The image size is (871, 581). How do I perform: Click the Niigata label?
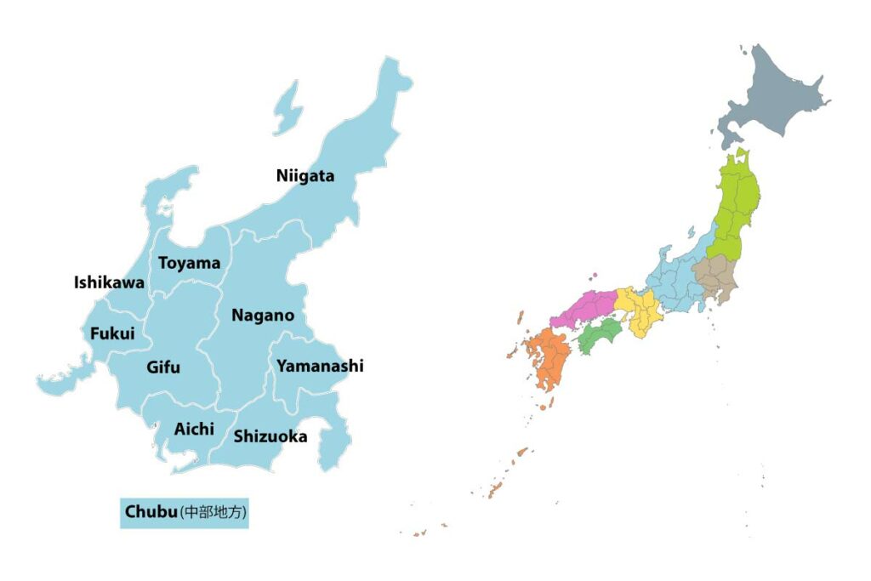click(x=305, y=176)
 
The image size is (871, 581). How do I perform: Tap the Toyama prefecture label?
click(x=189, y=263)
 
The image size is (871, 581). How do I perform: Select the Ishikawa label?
click(x=109, y=282)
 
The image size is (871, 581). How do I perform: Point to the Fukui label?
click(x=112, y=333)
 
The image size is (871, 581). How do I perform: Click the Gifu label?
click(x=163, y=368)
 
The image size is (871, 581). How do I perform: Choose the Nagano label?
click(x=263, y=316)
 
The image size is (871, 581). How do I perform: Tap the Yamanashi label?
click(x=320, y=366)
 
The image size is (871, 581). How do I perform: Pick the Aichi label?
click(x=194, y=429)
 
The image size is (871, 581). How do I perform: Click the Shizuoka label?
click(x=270, y=437)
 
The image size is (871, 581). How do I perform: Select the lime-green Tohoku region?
click(x=732, y=208)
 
